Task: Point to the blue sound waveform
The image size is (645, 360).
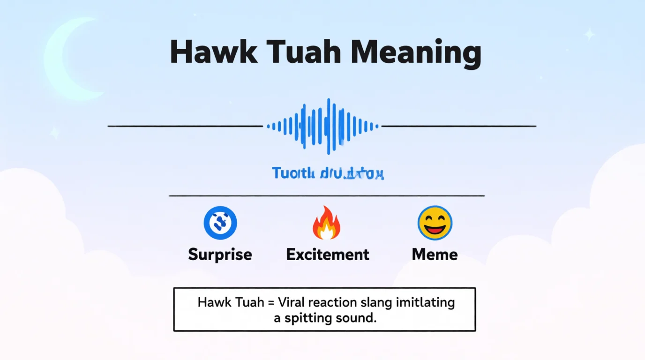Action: coord(322,126)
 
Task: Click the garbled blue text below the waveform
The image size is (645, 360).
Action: coord(328,174)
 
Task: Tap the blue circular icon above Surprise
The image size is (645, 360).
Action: coord(220,223)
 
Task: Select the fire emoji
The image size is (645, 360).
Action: coord(326,223)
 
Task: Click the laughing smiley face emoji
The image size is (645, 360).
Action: coord(435,223)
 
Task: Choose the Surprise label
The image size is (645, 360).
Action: coord(220,255)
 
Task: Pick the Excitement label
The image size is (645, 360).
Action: coord(328,255)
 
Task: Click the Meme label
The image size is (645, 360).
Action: coord(435,255)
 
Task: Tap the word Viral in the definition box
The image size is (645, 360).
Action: coord(293,302)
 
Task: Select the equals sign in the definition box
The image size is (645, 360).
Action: coord(271,302)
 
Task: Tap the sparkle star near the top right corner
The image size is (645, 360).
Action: coord(589,34)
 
